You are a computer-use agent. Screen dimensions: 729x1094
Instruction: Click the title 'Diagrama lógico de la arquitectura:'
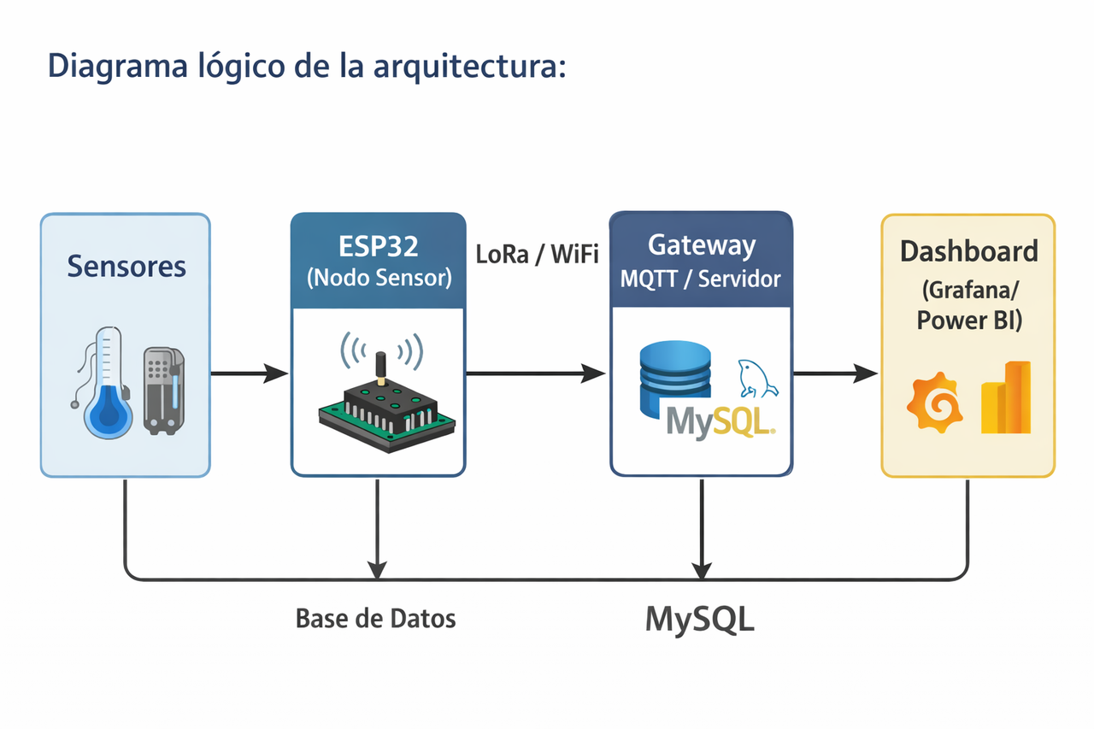click(x=307, y=66)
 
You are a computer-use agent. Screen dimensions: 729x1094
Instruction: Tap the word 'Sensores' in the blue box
click(x=126, y=266)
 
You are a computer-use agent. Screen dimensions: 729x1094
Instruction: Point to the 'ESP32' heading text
click(x=378, y=247)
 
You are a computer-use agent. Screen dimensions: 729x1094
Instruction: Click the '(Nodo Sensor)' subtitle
click(x=378, y=279)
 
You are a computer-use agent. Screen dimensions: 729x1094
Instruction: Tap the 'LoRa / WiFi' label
click(x=537, y=255)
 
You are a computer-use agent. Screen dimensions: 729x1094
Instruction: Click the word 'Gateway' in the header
click(x=701, y=245)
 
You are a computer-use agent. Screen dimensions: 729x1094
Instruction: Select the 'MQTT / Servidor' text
click(x=701, y=279)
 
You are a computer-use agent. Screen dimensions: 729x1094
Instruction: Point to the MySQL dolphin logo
click(x=756, y=377)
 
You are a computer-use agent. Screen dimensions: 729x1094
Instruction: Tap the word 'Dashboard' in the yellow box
click(x=968, y=251)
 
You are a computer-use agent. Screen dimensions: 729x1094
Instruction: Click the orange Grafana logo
click(x=935, y=403)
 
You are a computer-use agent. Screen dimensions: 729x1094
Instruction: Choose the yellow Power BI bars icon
click(x=1006, y=397)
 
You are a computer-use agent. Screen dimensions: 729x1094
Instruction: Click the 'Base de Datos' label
click(x=375, y=619)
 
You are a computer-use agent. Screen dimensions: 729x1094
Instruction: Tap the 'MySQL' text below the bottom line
click(x=700, y=620)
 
